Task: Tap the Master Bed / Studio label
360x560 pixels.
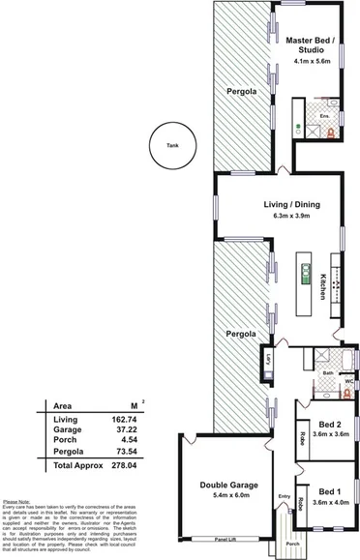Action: [x=311, y=45]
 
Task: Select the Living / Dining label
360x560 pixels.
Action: [x=291, y=205]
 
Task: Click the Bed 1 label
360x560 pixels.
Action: [x=328, y=491]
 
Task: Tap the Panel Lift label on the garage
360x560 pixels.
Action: [x=224, y=539]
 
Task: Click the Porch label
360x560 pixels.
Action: [x=293, y=542]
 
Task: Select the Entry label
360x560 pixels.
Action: [x=284, y=497]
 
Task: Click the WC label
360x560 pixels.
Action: [x=348, y=379]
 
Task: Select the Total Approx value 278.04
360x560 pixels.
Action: [x=126, y=465]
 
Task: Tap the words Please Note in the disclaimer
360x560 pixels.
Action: [x=16, y=502]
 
